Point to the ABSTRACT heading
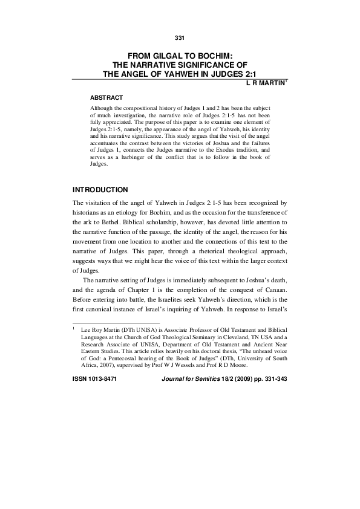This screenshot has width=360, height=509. pyautogui.click(x=106, y=97)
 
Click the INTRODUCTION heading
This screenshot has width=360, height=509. pyautogui.click(x=100, y=190)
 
